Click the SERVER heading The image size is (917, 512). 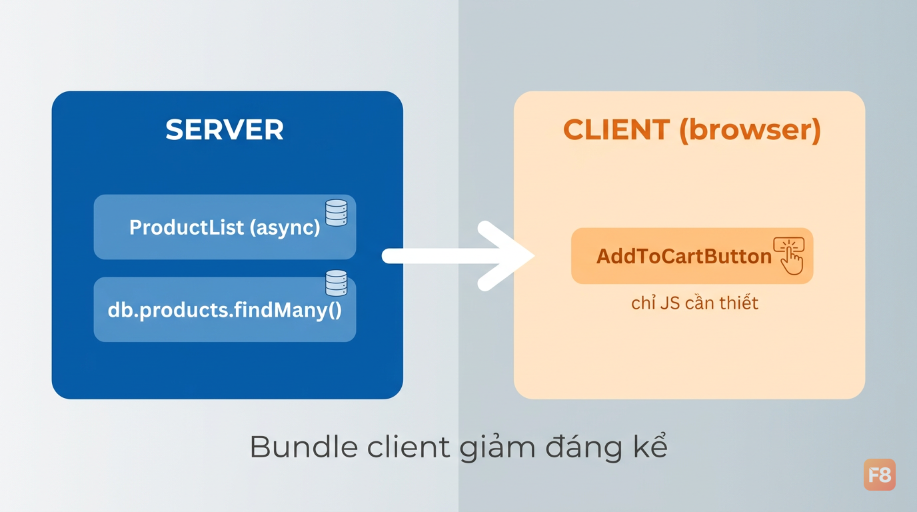tap(225, 130)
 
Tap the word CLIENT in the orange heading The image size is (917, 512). tap(616, 130)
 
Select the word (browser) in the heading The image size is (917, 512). tap(750, 131)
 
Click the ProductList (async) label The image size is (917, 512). tap(225, 227)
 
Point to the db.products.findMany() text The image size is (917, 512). tap(225, 310)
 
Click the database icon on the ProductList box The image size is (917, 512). tap(336, 213)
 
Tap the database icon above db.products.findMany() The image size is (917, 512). tap(336, 283)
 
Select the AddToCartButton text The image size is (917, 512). tap(684, 257)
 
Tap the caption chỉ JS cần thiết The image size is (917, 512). tap(694, 303)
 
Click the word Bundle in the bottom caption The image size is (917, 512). tap(304, 447)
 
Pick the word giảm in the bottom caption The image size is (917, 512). tap(497, 448)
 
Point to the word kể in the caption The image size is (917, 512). tap(650, 445)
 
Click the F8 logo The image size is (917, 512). tap(879, 475)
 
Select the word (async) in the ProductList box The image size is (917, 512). tap(285, 228)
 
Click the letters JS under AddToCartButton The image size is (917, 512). tap(668, 303)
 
